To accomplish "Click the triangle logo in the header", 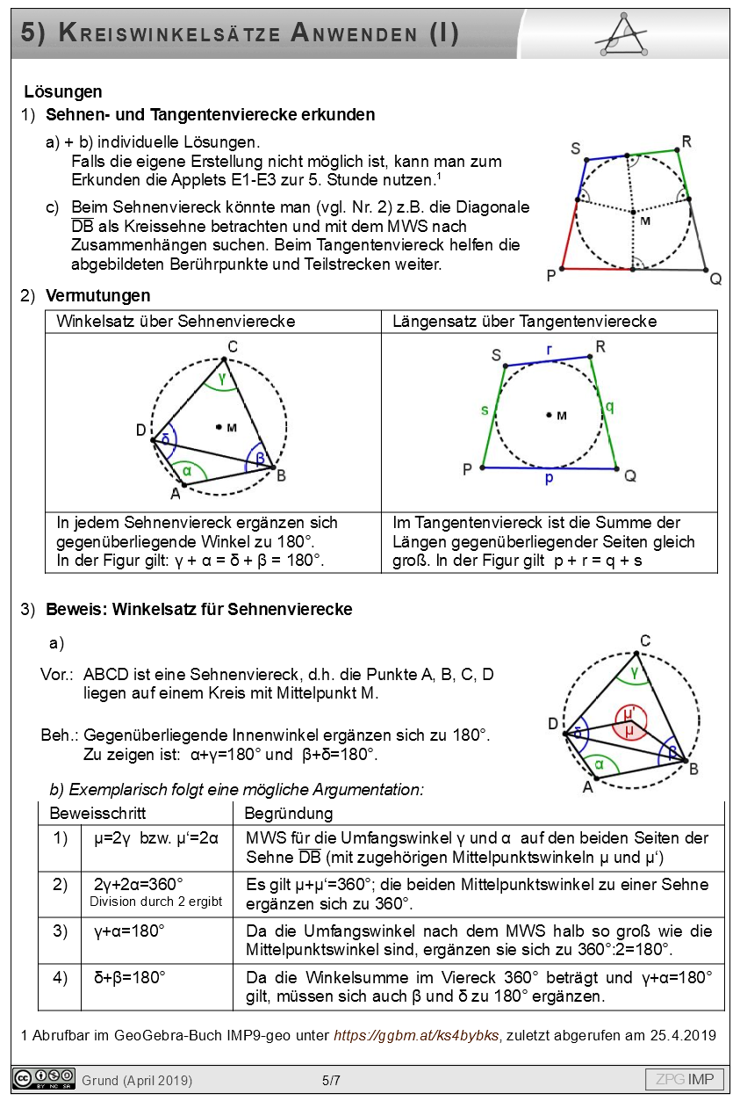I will [621, 35].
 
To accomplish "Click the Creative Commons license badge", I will [43, 1078].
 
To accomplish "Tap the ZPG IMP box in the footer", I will [686, 1079].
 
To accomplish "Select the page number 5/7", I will [331, 1080].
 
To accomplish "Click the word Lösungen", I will [63, 91].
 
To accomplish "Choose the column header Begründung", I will [288, 814].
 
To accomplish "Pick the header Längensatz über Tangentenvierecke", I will [525, 322].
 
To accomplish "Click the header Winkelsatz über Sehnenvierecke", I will [176, 322].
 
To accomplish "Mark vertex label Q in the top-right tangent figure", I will [715, 279].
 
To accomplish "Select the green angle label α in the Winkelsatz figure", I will [187, 470].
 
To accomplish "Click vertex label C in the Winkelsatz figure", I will [231, 345].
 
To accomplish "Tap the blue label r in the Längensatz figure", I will [550, 350].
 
